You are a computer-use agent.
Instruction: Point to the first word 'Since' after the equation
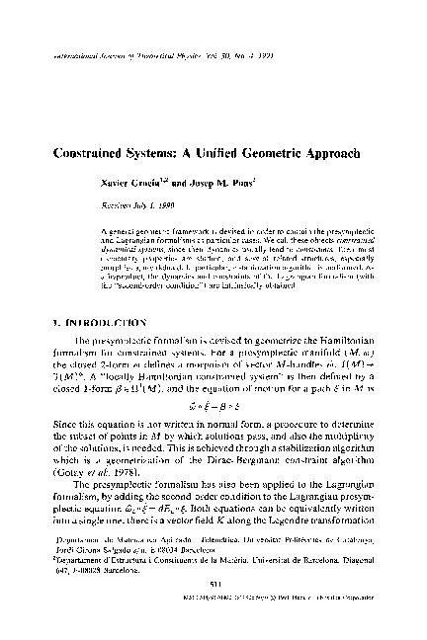click(64, 420)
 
